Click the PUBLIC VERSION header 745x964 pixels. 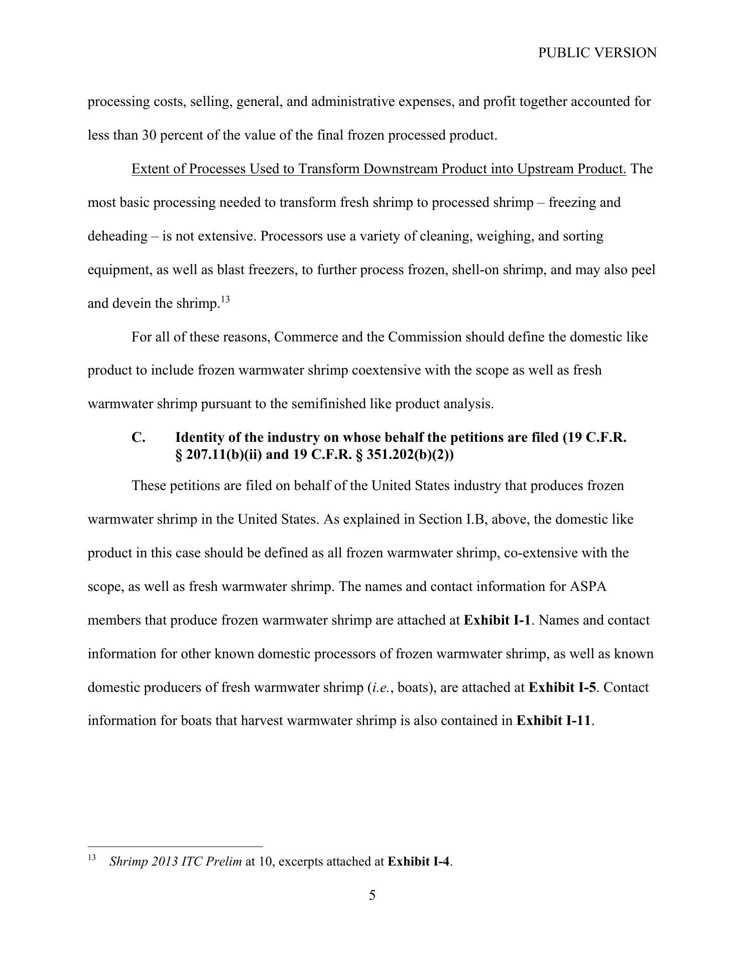[x=597, y=53]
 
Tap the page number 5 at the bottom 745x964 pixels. [x=372, y=895]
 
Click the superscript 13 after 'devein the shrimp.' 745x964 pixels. [x=225, y=300]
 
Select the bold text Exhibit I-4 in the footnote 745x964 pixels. [x=419, y=862]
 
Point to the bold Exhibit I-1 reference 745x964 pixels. [x=496, y=620]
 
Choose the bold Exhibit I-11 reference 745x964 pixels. [x=554, y=720]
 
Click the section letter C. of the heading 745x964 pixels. [x=139, y=437]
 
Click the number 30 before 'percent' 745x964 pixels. [x=150, y=135]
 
